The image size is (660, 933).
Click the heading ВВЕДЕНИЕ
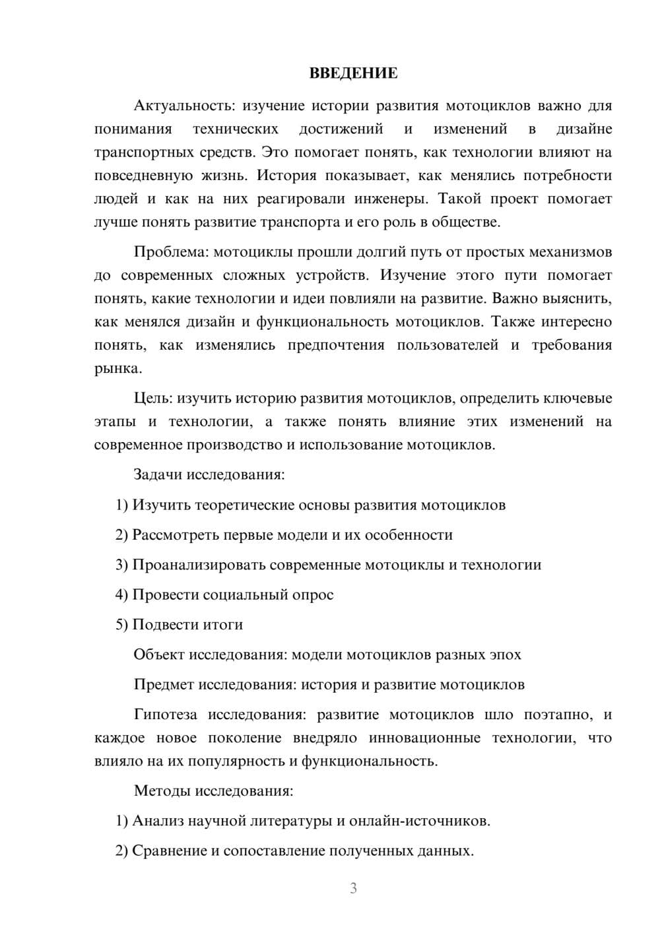pos(353,73)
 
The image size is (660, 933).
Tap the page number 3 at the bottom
pos(353,888)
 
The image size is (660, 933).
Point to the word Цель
pos(153,399)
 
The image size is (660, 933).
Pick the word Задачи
pos(158,474)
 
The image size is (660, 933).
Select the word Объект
pos(159,655)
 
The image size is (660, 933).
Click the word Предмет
pos(165,684)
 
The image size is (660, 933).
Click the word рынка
pos(117,368)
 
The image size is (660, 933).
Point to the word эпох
pos(505,655)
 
